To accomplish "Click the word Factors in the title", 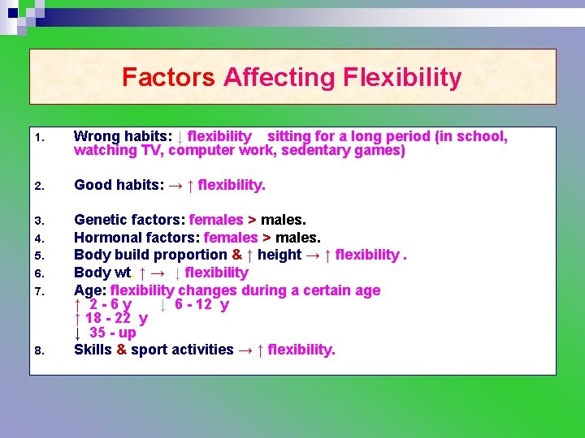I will coord(168,78).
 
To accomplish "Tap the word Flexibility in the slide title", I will coord(402,78).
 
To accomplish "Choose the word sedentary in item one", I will coord(310,150).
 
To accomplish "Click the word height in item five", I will coord(279,255).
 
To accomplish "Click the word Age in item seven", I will coord(89,290).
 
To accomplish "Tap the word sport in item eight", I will coord(150,350).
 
